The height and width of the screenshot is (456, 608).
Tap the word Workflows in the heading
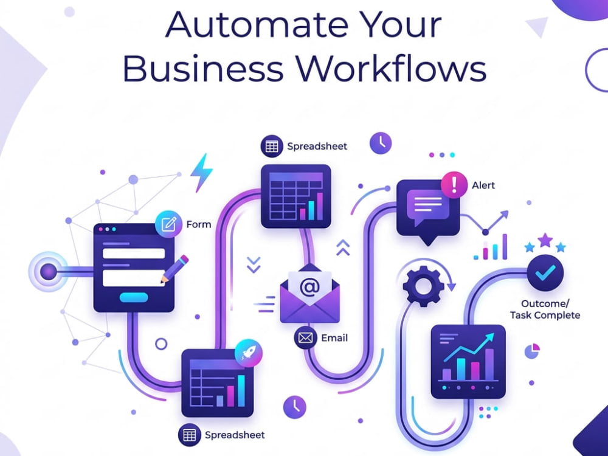point(391,69)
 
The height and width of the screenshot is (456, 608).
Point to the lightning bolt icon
point(202,172)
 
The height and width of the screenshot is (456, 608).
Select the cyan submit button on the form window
point(134,297)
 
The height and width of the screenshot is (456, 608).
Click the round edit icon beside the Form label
point(168,224)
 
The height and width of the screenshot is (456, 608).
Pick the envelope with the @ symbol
point(310,293)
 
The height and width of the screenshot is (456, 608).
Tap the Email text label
point(334,338)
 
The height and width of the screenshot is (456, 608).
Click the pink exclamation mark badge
point(454,185)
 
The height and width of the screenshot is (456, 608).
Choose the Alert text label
point(483,185)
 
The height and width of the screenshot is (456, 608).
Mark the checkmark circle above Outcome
point(545,273)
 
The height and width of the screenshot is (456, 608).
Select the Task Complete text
point(545,315)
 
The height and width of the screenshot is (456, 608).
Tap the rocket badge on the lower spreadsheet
point(249,353)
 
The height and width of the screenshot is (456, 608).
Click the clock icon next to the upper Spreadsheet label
point(381,143)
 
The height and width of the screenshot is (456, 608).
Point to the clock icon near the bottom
point(295,407)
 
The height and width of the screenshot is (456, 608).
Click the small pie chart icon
point(532,351)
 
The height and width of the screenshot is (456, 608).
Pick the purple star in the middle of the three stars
point(545,240)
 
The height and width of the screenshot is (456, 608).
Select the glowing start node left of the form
point(49,271)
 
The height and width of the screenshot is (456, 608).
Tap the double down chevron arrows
point(254,264)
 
